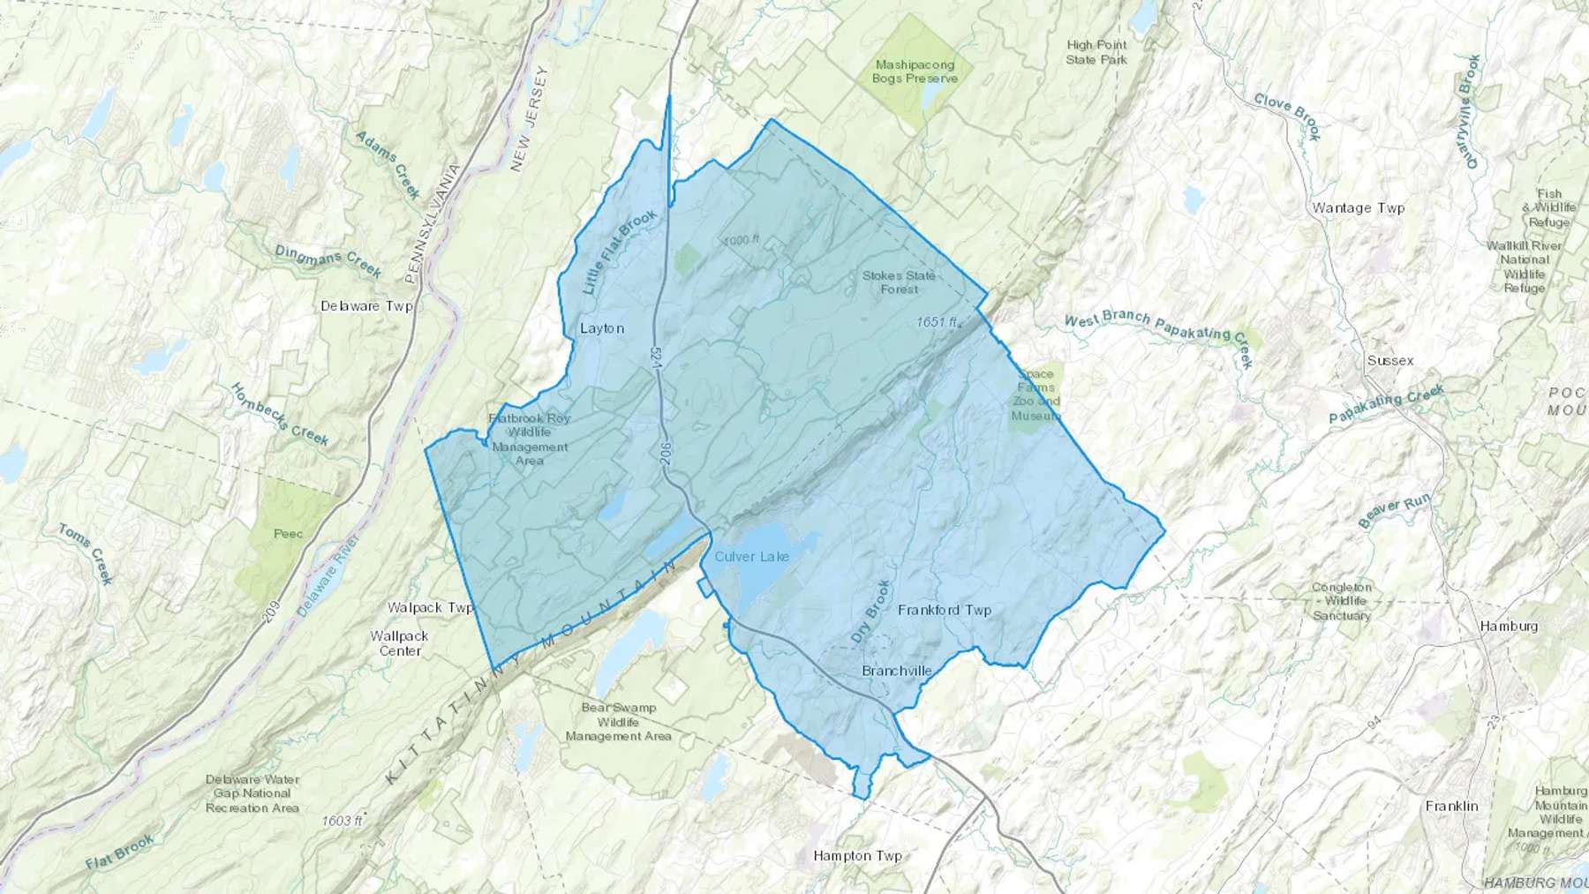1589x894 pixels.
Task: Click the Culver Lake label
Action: coord(751,557)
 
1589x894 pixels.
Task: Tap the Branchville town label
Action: coord(896,671)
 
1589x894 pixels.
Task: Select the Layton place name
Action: coord(602,328)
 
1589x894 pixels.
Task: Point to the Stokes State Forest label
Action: coord(899,282)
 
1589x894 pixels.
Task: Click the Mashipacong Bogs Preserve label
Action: coord(915,71)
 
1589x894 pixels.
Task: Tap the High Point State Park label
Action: coord(1096,52)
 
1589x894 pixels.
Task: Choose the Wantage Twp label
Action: coord(1358,208)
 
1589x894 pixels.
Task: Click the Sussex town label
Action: coord(1390,361)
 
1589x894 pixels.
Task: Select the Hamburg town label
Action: coord(1509,626)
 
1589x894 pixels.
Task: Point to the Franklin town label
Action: coord(1451,806)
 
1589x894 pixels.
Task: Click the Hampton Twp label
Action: coord(857,856)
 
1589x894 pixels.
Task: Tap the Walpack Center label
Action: coord(399,643)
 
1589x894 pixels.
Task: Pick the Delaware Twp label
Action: coord(366,306)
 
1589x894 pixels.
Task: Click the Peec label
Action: coord(288,534)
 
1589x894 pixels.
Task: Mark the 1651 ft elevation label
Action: coord(938,322)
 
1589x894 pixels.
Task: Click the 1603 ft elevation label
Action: coord(342,821)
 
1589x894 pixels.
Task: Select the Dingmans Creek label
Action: coord(328,260)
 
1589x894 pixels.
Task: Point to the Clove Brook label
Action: coord(1287,116)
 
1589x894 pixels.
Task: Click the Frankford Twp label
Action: coord(944,610)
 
